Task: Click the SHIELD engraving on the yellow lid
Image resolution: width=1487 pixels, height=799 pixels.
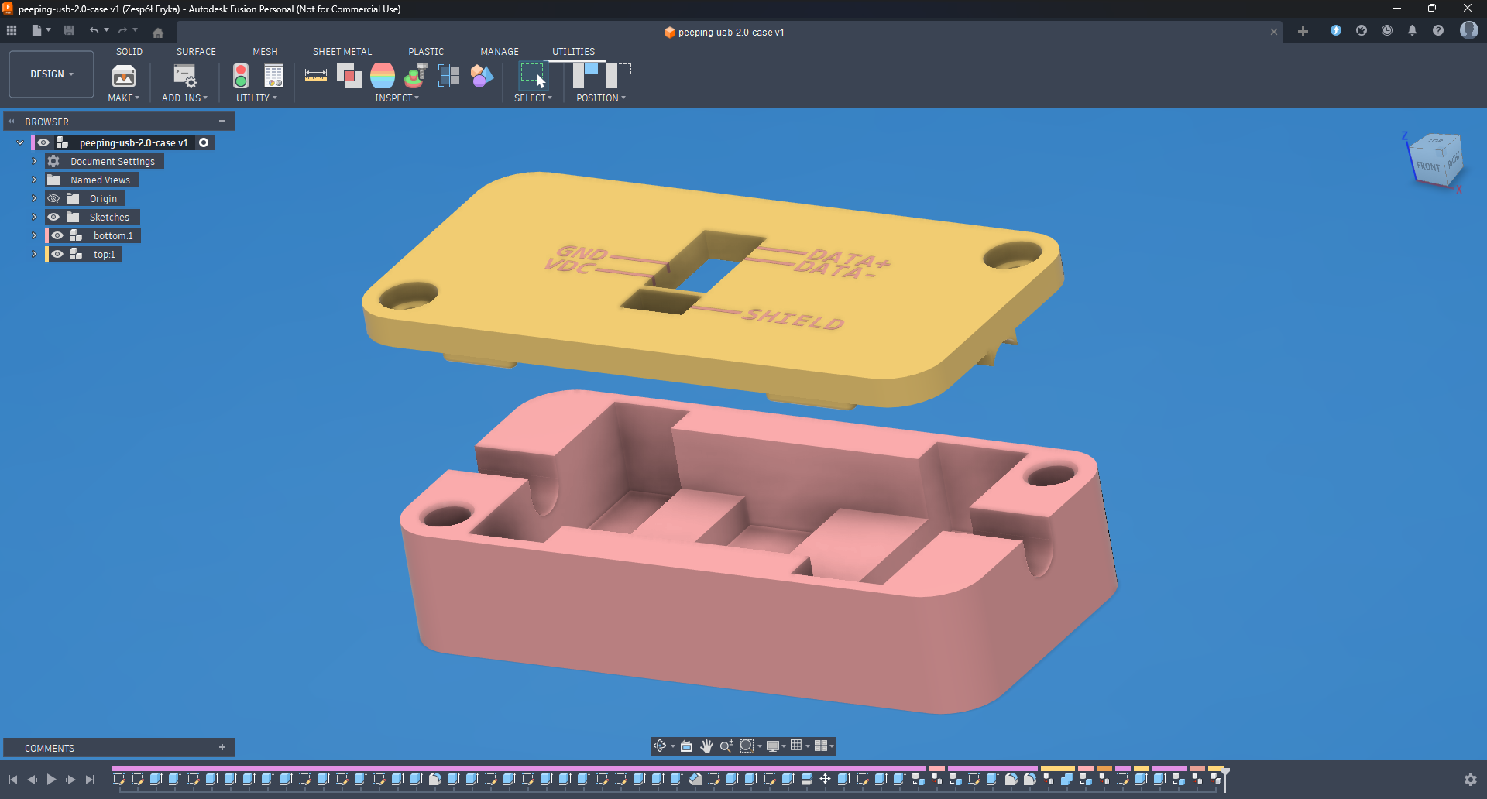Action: (794, 318)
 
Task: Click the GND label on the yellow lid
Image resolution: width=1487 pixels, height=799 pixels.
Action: (581, 252)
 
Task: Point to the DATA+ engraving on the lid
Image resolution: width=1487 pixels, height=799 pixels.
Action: (848, 258)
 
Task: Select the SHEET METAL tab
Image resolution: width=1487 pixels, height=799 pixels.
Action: (342, 52)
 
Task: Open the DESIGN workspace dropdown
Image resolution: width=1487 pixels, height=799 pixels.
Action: (52, 74)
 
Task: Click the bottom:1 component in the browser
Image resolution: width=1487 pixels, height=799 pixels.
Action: (113, 236)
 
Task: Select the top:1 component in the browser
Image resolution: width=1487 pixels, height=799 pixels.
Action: (104, 255)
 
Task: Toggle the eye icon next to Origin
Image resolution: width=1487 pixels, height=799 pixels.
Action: (53, 199)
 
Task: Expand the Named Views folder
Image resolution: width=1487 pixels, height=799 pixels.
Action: (34, 180)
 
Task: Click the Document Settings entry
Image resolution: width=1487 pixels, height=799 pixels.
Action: (112, 162)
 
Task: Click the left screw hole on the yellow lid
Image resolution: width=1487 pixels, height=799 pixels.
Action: (409, 295)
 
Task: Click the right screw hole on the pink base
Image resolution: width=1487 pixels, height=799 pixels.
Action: (1049, 475)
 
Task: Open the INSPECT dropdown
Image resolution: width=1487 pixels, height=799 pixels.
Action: (397, 98)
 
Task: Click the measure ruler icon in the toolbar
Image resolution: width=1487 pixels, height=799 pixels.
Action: (315, 76)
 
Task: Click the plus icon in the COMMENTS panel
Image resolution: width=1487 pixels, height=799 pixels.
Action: (222, 748)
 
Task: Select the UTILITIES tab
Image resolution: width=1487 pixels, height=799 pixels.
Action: (573, 52)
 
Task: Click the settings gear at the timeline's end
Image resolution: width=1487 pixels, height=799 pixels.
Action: (1470, 780)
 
